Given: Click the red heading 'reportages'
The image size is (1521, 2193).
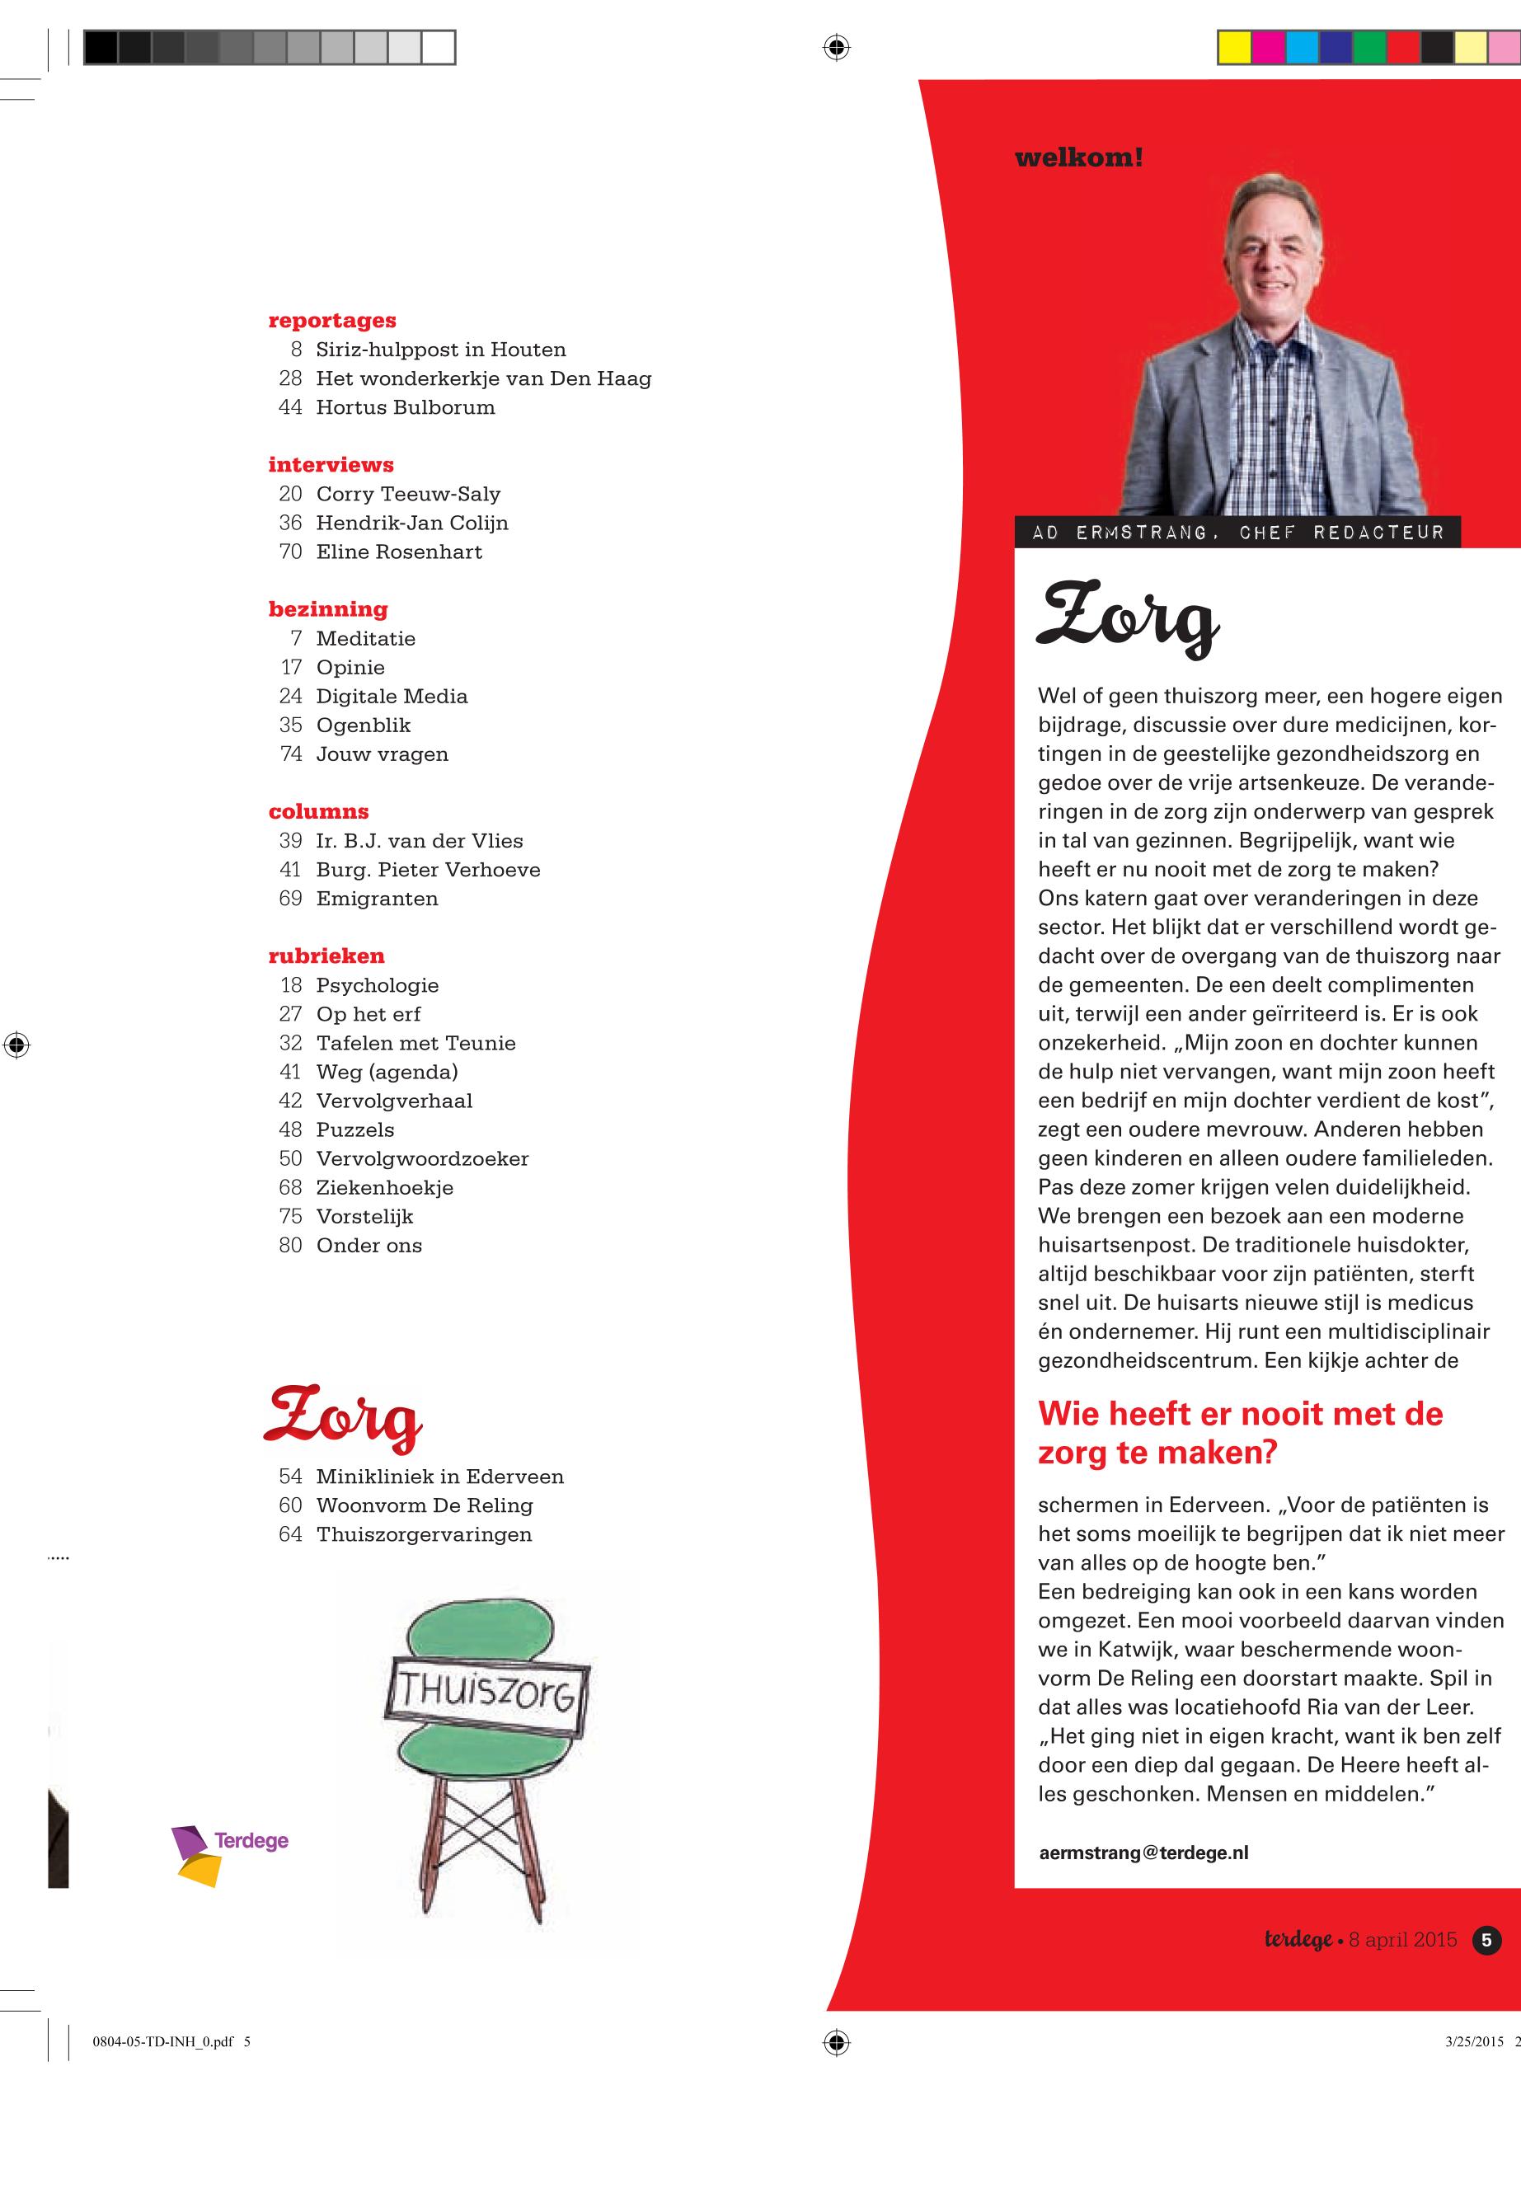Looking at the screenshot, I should (x=331, y=320).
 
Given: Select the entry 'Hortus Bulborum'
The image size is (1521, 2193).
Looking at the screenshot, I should (x=405, y=407).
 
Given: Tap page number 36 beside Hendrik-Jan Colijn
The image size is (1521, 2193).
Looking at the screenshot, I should (x=289, y=522).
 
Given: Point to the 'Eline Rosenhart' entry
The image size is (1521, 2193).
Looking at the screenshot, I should (x=398, y=552).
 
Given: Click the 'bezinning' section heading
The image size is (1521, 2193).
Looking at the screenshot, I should (x=328, y=609).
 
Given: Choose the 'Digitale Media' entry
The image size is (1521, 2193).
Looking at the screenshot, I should (x=392, y=696).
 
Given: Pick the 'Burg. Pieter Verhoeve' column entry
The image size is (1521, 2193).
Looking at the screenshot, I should (x=428, y=869).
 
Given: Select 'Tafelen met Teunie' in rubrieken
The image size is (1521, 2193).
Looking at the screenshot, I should (x=415, y=1043).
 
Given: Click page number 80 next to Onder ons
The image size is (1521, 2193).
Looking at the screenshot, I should (x=289, y=1245).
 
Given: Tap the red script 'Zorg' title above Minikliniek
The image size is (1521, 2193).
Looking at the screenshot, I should (x=343, y=1416).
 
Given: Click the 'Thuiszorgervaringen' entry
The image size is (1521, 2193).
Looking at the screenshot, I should (x=424, y=1533).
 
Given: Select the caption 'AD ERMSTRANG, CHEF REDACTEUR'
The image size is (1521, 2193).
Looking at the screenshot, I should (x=1237, y=532).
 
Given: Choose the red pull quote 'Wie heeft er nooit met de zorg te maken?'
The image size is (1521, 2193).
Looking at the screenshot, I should (x=1240, y=1432).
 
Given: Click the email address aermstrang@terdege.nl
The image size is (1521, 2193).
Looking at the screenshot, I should (x=1143, y=1853).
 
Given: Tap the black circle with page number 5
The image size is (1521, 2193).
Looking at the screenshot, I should (x=1486, y=1939).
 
